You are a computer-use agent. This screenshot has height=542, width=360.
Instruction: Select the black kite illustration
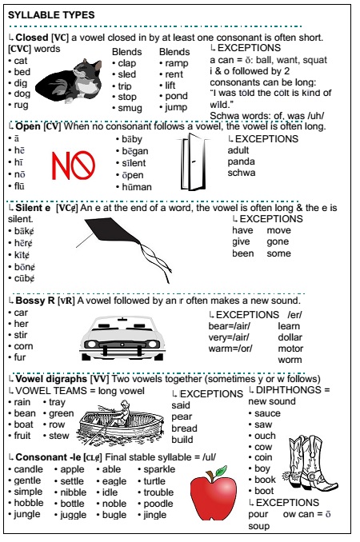[120, 248]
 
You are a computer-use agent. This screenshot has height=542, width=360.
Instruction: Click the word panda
[242, 161]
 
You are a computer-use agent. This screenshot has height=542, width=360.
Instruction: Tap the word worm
[290, 360]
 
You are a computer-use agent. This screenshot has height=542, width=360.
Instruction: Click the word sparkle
[160, 469]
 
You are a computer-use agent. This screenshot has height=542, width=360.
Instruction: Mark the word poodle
[158, 504]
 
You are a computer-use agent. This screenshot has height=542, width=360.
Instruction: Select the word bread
[185, 428]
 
